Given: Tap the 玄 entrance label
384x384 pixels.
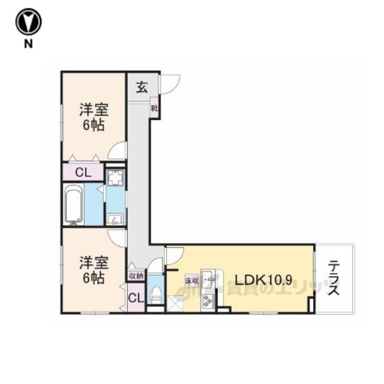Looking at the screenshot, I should (x=141, y=86).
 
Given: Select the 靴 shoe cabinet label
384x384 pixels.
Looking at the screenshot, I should (x=154, y=109).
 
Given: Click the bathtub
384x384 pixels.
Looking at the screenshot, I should (x=73, y=204).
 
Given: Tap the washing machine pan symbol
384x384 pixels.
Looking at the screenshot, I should (x=115, y=178).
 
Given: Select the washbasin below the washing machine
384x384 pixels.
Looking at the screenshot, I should (x=114, y=219).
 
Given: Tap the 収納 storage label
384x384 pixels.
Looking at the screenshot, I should (x=136, y=277).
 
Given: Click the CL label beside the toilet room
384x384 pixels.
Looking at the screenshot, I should (x=136, y=298).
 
